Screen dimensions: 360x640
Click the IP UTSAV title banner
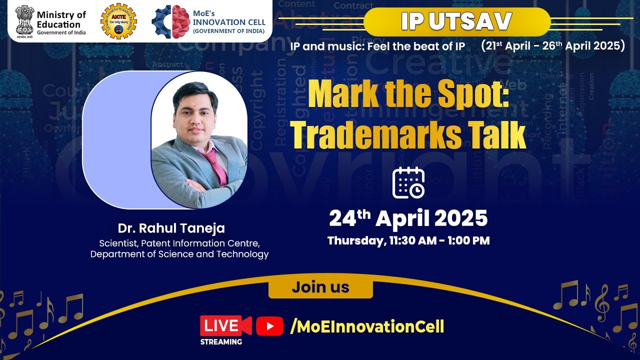click(x=456, y=21)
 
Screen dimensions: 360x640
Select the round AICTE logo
click(x=118, y=21)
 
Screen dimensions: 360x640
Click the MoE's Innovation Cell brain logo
click(x=170, y=21)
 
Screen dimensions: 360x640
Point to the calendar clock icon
click(x=408, y=182)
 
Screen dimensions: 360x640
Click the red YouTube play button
click(x=269, y=326)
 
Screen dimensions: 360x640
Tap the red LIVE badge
click(x=225, y=326)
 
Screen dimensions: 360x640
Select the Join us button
click(x=320, y=287)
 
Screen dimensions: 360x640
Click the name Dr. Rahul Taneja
click(x=171, y=228)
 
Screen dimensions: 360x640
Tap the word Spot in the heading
click(x=457, y=95)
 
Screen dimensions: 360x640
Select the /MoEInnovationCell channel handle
click(x=367, y=327)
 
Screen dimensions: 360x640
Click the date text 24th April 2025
click(x=408, y=218)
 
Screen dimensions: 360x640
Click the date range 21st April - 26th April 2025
click(x=553, y=46)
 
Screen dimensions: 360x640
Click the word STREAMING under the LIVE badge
click(x=221, y=342)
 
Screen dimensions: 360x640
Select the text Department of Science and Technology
click(x=179, y=254)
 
